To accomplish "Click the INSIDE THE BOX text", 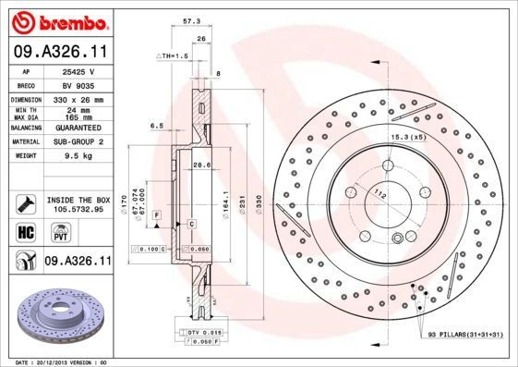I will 78,200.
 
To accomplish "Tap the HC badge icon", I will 25,232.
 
